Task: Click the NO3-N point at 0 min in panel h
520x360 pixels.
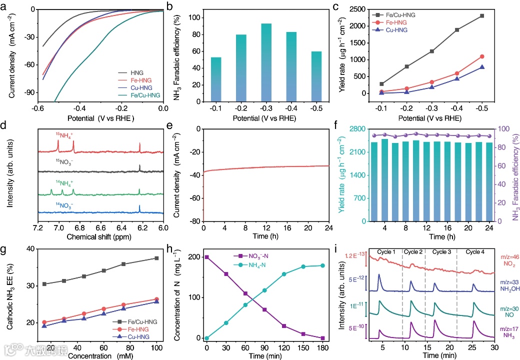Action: click(x=206, y=257)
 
